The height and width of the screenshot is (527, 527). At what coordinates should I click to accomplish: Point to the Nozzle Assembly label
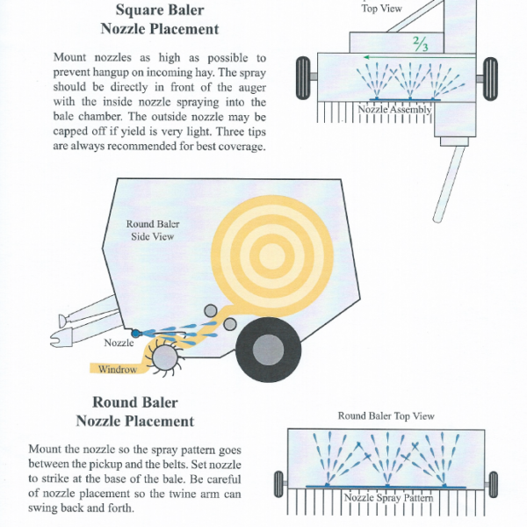394,110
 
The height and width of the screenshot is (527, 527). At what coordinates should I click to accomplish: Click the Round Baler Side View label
152,230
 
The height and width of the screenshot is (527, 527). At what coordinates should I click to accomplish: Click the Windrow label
117,370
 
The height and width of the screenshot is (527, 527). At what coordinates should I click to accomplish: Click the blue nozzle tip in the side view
135,334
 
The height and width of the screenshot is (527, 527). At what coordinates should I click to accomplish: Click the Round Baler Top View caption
386,415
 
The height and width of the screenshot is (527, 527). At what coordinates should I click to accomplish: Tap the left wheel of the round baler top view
279,483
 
